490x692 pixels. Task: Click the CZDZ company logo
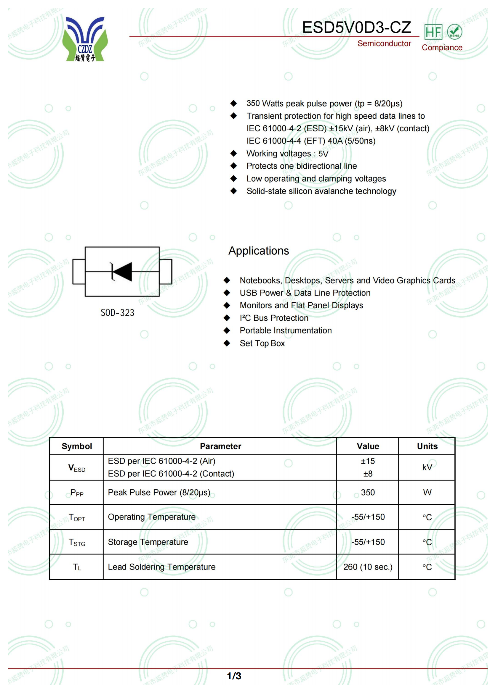[85, 39]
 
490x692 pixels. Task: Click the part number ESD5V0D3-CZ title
[356, 28]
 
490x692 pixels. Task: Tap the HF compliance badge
[433, 32]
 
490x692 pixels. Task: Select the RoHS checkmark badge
[454, 32]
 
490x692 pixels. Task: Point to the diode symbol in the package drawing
[121, 272]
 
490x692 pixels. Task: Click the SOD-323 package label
[117, 313]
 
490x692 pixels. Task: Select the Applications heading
[259, 251]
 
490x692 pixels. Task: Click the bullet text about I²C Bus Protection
[274, 318]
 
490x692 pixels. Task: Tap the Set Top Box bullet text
[262, 343]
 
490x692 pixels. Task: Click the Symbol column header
[77, 446]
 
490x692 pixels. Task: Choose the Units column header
[427, 446]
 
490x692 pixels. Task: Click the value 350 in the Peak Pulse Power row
[367, 493]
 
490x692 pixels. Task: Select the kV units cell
[427, 467]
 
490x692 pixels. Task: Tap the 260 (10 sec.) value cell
[367, 567]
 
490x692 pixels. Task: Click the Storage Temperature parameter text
[148, 542]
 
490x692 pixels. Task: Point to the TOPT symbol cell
[77, 517]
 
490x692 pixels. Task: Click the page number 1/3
[234, 676]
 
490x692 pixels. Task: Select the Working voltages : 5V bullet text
[287, 154]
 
